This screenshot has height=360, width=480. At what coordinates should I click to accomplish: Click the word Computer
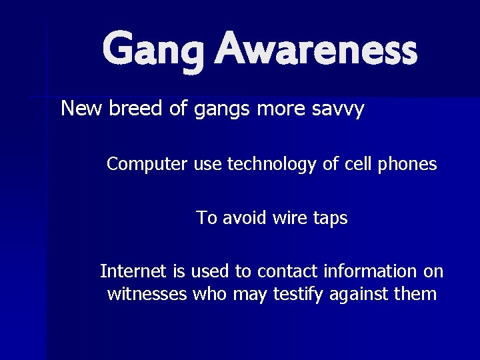(x=147, y=164)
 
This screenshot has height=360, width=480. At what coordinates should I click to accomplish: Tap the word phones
(x=408, y=164)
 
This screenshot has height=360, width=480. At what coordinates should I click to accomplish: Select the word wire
(x=291, y=218)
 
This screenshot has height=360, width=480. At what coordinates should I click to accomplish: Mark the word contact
(x=287, y=271)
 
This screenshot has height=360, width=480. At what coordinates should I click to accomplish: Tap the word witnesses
(x=147, y=294)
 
